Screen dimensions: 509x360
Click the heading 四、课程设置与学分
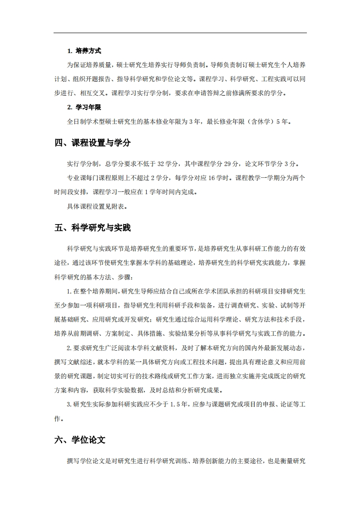[92, 143]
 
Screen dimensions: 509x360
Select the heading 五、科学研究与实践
[92, 228]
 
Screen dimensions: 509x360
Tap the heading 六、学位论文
[79, 440]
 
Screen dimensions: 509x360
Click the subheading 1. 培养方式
[84, 51]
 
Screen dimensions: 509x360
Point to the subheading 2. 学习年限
[84, 108]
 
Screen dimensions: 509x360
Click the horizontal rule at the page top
[180, 33]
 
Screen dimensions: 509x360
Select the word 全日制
[75, 122]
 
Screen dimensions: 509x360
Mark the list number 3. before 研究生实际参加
[69, 404]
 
